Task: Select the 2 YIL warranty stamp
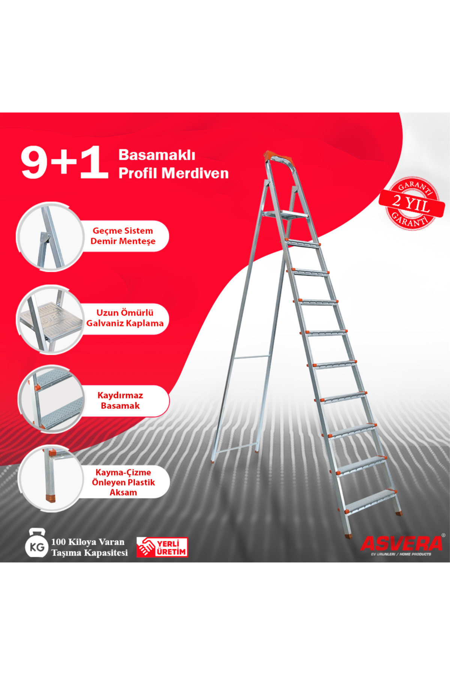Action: [411, 203]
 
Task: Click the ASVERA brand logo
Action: [401, 543]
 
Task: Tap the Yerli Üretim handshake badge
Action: [162, 547]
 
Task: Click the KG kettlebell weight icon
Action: [36, 544]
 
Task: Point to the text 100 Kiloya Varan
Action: [88, 542]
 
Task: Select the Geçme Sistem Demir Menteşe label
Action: [123, 236]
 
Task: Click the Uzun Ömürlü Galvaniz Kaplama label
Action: [125, 318]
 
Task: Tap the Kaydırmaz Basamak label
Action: [120, 400]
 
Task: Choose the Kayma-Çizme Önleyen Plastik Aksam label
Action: [123, 482]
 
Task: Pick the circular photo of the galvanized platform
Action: [49, 319]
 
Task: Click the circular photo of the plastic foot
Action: [49, 479]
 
